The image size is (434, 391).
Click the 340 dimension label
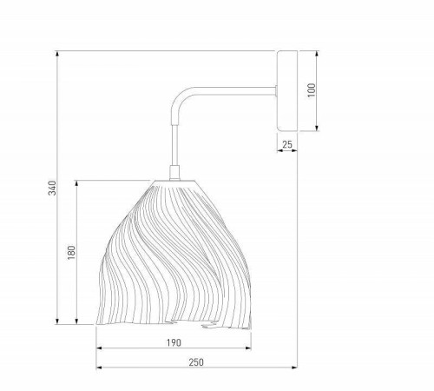(52, 188)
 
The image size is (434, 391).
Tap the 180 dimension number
(71, 253)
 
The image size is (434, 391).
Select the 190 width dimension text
(174, 342)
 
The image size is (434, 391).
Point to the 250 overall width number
(196, 362)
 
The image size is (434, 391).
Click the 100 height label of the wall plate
(312, 90)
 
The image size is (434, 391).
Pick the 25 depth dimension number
(287, 144)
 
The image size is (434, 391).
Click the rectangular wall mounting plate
(287, 90)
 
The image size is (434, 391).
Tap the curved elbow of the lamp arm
(181, 97)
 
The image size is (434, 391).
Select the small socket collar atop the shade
(174, 173)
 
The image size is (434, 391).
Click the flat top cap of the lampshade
(174, 182)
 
